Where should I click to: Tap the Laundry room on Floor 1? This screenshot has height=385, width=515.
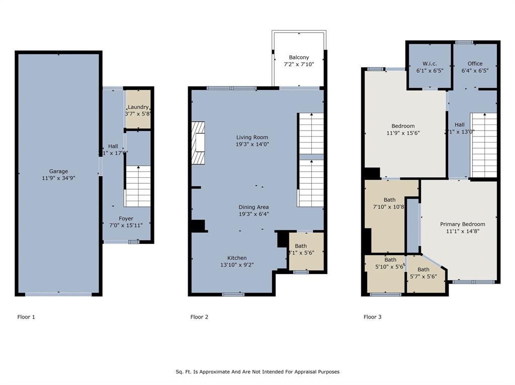coord(138,110)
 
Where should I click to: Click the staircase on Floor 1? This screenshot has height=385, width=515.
coord(138,186)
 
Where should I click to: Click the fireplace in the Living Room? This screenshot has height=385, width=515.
coord(198,143)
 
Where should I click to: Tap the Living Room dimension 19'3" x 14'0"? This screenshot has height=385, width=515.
coord(252,144)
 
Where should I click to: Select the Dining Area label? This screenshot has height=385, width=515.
coord(253,207)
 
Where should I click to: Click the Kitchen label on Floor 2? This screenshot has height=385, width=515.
coord(236,258)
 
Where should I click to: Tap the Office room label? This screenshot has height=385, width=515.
coord(475,64)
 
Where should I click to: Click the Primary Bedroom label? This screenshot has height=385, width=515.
coord(462,224)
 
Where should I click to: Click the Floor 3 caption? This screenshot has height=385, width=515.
coord(372,317)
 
